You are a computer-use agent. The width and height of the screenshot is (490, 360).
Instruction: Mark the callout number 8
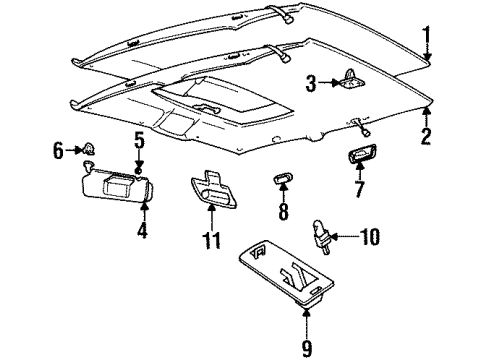pyautogui.click(x=283, y=212)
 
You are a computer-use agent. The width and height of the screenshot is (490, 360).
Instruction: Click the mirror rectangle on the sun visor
pyautogui.click(x=121, y=184)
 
